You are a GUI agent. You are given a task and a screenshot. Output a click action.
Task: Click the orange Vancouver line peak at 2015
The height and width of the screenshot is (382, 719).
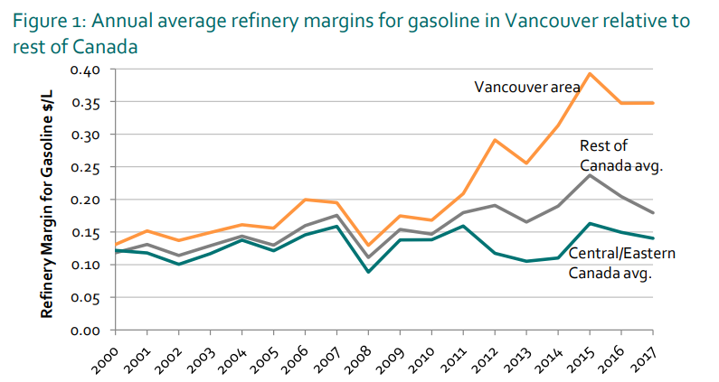[x=590, y=74]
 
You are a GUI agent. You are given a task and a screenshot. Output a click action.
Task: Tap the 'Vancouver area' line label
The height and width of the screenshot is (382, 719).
[x=528, y=87]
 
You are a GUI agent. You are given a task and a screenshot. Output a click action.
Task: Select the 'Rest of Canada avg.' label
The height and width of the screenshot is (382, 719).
[x=619, y=154]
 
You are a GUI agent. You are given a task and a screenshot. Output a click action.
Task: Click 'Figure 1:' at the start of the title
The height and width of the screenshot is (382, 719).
[x=45, y=21]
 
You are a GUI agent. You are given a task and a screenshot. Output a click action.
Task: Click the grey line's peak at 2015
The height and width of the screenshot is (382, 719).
[x=590, y=174]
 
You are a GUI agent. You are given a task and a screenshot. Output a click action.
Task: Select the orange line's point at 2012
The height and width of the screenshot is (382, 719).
[x=494, y=140]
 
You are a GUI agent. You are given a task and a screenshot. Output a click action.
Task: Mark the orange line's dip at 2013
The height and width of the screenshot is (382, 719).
[x=525, y=163]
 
